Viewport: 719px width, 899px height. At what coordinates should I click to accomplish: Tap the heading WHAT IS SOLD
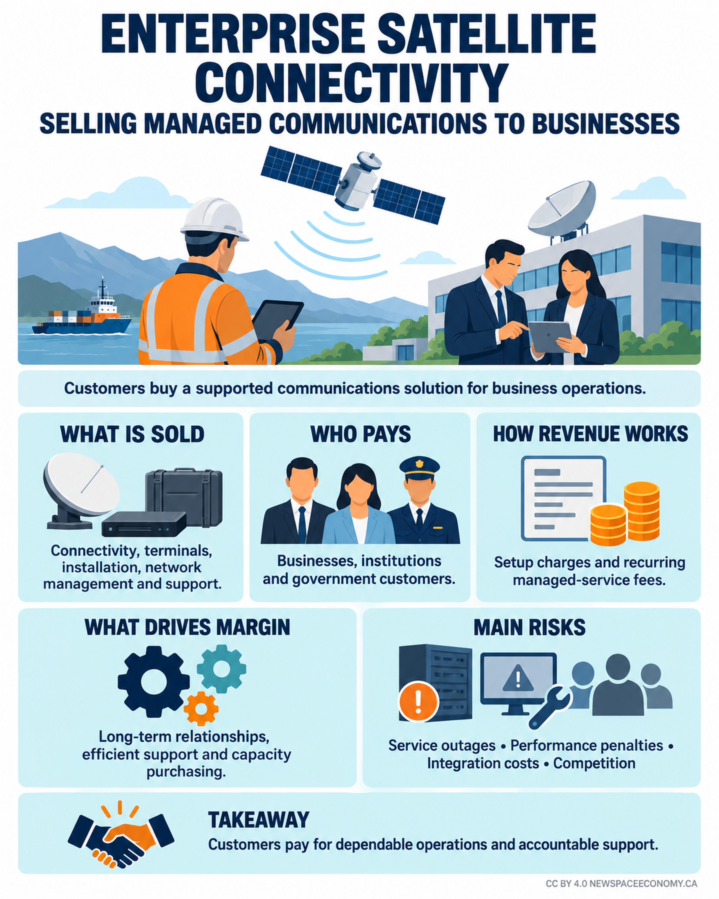point(132,435)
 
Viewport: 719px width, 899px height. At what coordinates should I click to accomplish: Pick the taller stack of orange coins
point(641,511)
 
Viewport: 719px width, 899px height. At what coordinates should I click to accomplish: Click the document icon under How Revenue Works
point(563,498)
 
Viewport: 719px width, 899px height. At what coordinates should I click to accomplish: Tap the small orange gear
point(201,708)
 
